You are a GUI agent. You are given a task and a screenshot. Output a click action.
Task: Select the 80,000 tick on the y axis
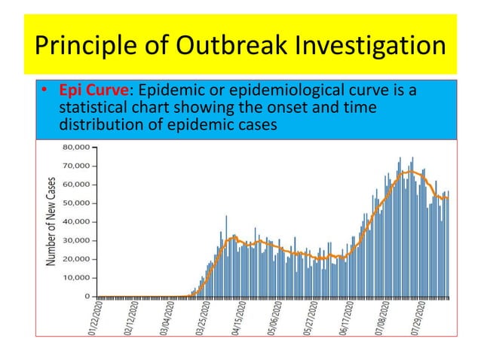tap(78, 147)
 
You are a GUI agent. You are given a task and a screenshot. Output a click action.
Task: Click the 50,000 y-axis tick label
tap(78, 203)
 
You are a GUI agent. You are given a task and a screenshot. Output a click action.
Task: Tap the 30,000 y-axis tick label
tap(78, 240)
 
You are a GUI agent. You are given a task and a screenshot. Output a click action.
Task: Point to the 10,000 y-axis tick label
tap(78, 278)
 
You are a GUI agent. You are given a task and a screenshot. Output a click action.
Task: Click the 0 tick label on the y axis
tap(87, 297)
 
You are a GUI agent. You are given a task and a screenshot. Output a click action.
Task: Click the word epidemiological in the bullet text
tap(322, 91)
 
